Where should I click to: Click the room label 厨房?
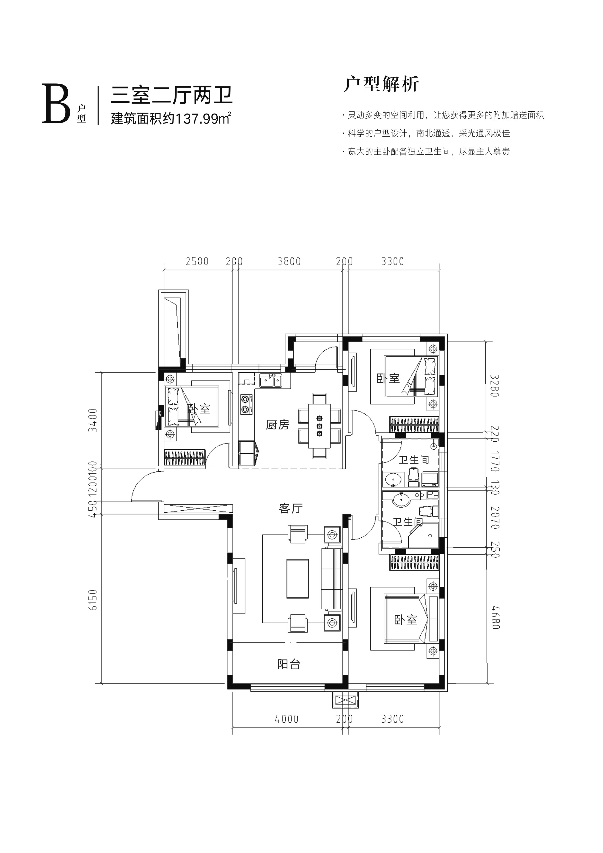(x=277, y=425)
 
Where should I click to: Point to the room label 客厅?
(x=291, y=508)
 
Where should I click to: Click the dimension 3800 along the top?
(x=289, y=262)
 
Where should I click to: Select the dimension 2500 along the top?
(x=197, y=262)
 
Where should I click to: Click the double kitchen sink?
(x=270, y=381)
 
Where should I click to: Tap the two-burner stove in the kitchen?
(x=245, y=405)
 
